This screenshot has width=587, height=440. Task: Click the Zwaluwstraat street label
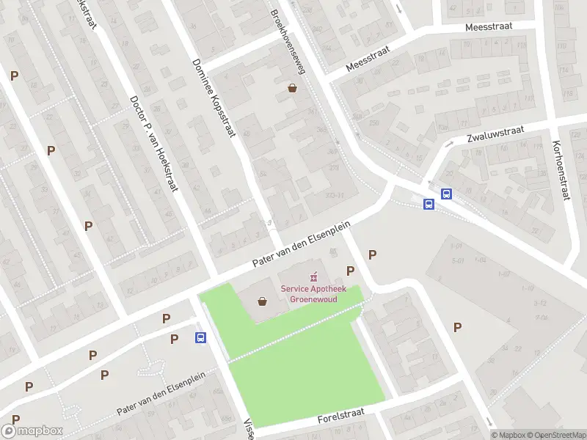tap(495, 134)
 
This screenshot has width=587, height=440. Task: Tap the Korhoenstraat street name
tap(561, 170)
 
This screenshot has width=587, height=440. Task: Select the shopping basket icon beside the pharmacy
tap(262, 301)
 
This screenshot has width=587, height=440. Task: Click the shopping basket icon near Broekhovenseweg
tap(293, 89)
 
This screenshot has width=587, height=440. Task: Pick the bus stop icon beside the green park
tap(200, 337)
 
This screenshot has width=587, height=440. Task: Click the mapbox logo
tap(32, 431)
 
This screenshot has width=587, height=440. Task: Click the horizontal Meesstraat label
tap(489, 26)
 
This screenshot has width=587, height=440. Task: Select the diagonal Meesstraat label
tap(368, 56)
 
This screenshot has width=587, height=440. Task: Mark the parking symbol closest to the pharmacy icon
tap(351, 271)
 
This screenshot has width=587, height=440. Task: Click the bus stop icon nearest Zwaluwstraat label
tap(445, 194)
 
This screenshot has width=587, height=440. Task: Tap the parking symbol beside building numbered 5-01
tap(373, 254)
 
